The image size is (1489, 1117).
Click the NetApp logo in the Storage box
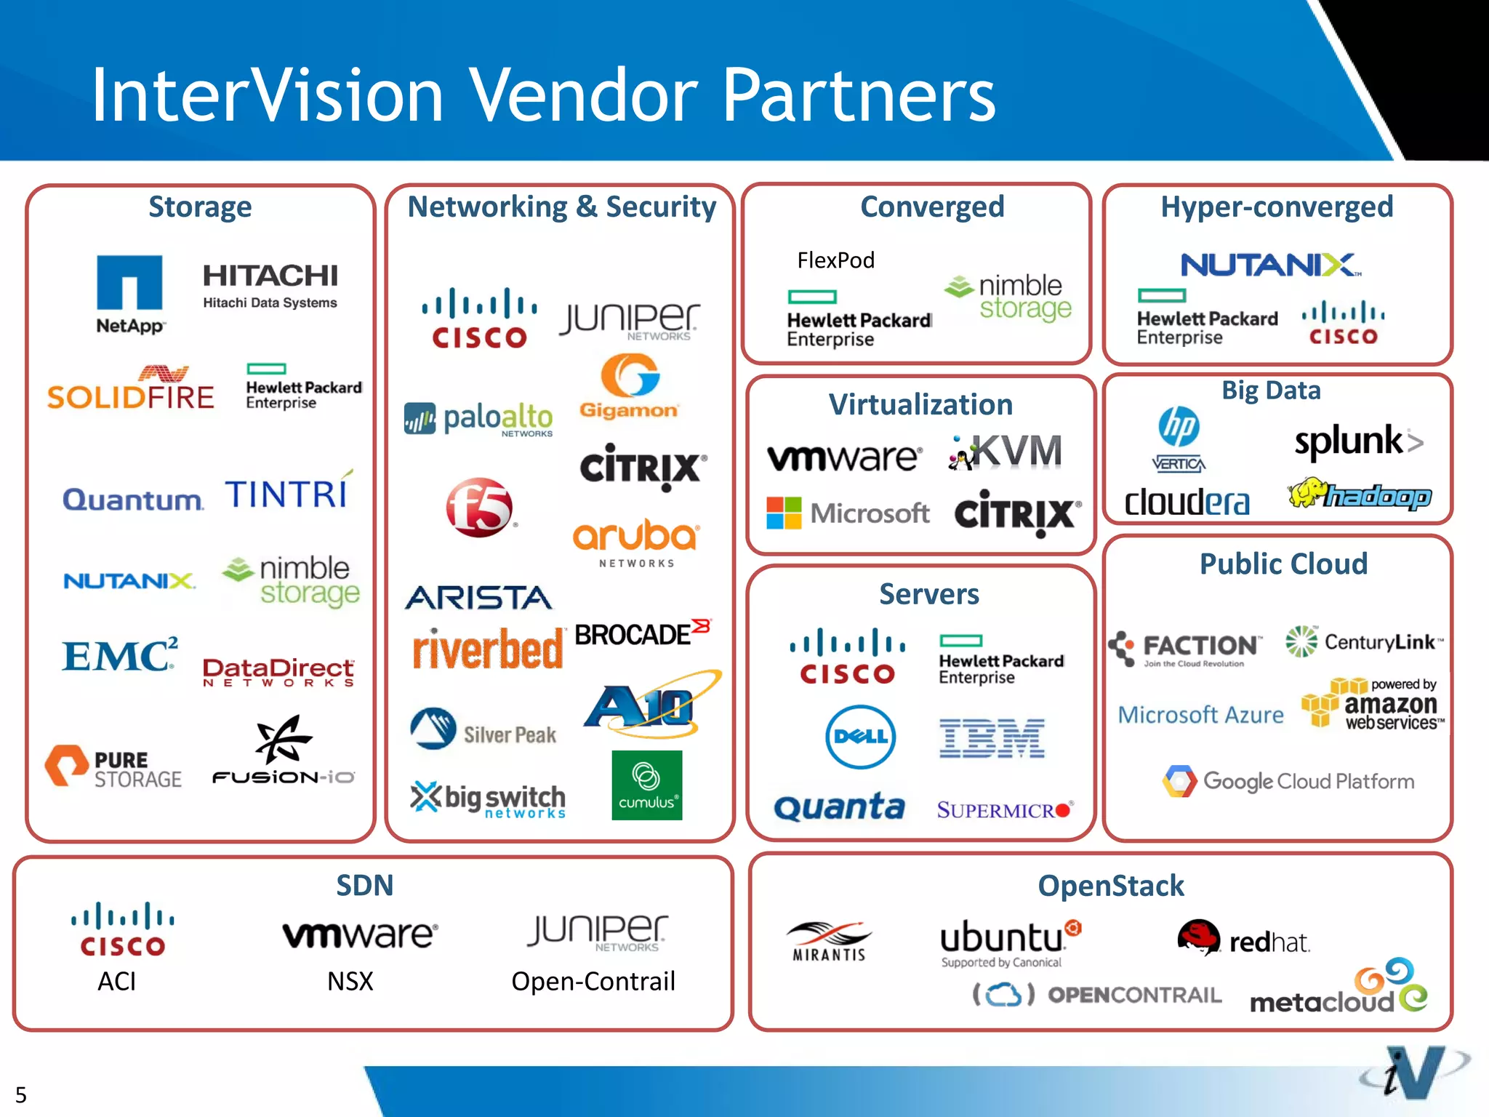click(129, 292)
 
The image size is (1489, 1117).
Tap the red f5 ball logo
click(479, 508)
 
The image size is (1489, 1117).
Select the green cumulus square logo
click(646, 785)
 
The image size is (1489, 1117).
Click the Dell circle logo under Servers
click(861, 737)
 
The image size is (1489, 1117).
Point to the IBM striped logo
click(992, 738)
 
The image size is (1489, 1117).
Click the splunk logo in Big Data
click(1357, 441)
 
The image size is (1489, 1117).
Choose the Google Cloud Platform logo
click(1288, 781)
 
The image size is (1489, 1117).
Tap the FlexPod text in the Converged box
click(835, 260)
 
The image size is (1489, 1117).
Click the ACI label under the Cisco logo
click(117, 981)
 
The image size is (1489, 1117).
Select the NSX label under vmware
click(350, 981)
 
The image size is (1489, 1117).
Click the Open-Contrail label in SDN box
click(593, 981)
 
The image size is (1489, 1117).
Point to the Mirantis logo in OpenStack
click(829, 941)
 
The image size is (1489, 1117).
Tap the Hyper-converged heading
click(1277, 207)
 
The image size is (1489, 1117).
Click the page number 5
click(21, 1094)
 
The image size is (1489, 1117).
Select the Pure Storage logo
click(113, 767)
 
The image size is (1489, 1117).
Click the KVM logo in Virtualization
click(1006, 452)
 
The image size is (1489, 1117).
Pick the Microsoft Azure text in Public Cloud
click(1200, 715)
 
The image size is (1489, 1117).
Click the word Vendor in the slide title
click(582, 95)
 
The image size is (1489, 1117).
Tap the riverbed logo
click(487, 649)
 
